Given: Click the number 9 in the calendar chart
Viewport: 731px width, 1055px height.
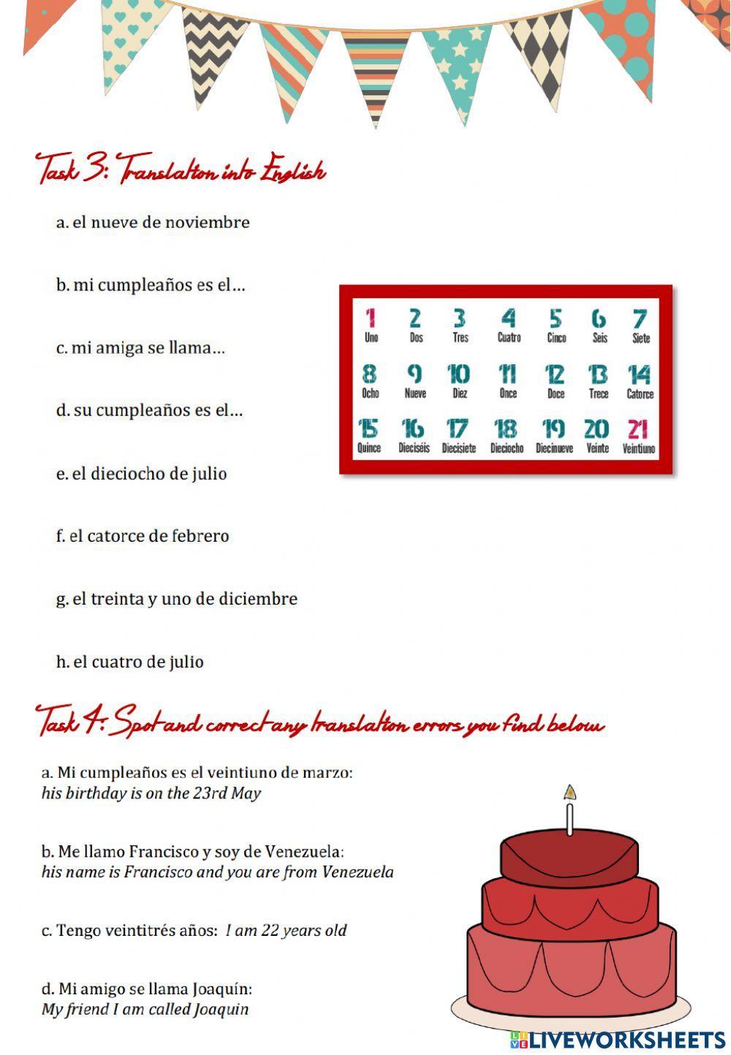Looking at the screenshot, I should (x=414, y=374).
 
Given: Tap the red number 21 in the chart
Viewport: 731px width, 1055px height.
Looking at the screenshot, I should (x=638, y=428).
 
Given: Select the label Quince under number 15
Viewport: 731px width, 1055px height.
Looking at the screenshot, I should (x=369, y=448).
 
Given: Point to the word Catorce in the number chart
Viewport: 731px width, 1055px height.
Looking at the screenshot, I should (x=640, y=394).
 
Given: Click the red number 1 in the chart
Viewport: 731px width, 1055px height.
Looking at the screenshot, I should (x=371, y=319).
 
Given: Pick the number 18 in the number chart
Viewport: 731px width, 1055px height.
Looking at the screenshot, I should (x=506, y=428).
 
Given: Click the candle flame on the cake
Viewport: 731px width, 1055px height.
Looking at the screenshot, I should (x=570, y=793).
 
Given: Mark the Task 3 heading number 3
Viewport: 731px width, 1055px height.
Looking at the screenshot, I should (x=94, y=170).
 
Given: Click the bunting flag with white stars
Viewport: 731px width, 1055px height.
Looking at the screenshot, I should (x=459, y=62).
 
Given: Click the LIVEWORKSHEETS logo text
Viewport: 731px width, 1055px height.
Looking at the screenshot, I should (x=625, y=1040).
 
